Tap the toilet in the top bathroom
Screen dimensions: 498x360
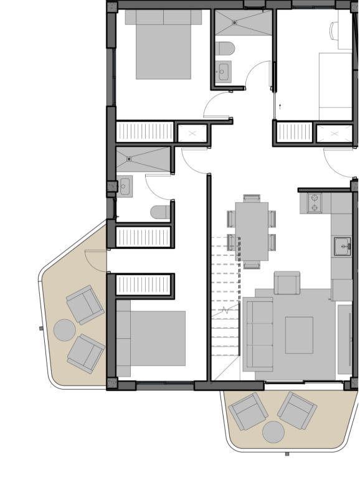point(225,49)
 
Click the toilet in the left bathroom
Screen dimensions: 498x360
point(160,212)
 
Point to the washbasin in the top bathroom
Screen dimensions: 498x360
point(222,72)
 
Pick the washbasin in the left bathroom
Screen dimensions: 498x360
point(125,186)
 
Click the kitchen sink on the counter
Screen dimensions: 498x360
point(341,247)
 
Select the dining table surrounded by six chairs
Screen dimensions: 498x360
point(252,231)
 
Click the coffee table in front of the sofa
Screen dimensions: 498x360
point(299,334)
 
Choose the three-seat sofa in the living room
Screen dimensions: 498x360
point(258,334)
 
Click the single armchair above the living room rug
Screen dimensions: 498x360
point(287,283)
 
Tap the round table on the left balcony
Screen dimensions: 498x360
point(64,329)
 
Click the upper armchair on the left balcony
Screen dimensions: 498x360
point(85,304)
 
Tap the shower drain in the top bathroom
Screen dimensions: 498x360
point(235,22)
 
